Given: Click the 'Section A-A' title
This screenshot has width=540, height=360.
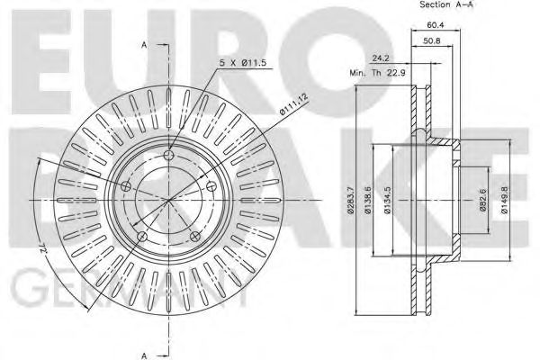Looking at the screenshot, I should [447, 5].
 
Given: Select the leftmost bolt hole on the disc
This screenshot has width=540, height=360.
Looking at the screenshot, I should [126, 186].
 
